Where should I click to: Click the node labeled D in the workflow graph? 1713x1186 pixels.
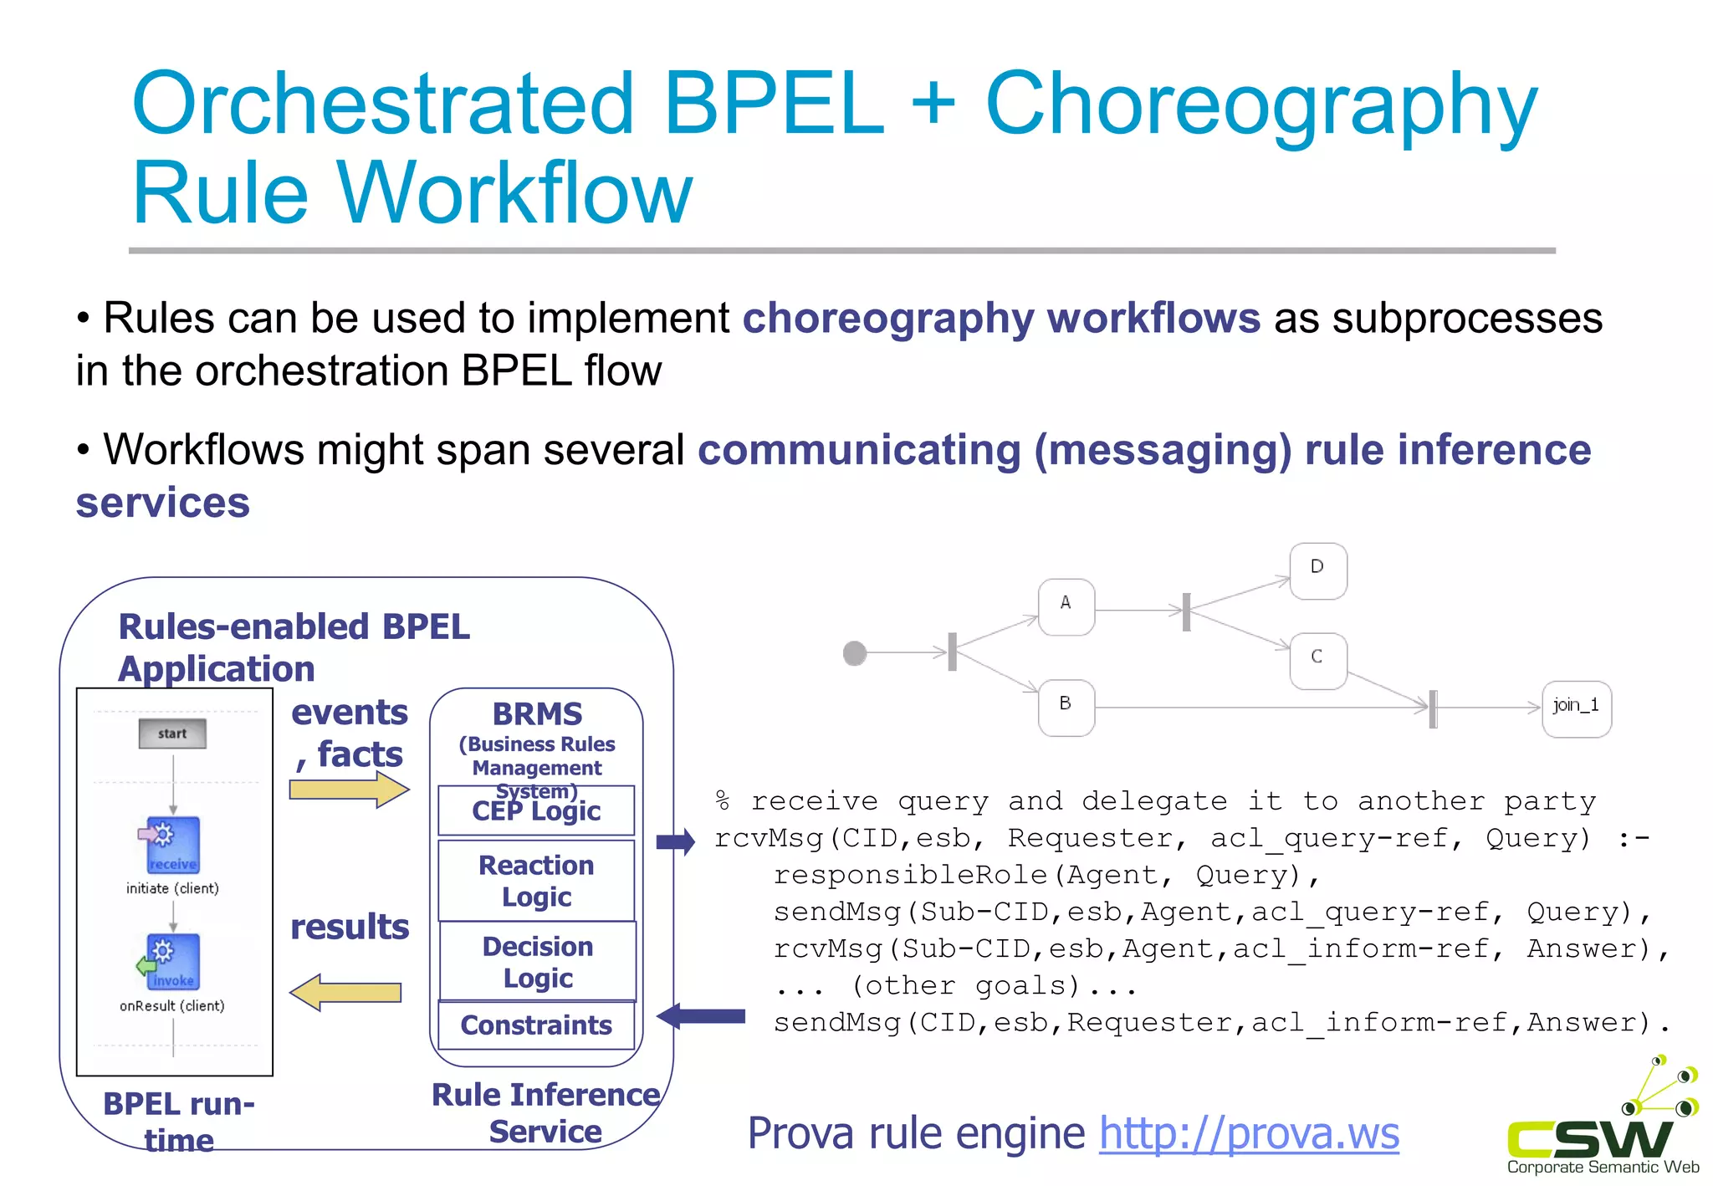pos(1317,570)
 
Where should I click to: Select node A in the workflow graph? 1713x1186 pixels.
pos(1066,606)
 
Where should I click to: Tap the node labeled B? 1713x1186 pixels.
pos(1066,707)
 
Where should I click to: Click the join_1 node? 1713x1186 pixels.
pos(1576,708)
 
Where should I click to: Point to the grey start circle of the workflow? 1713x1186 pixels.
pos(854,652)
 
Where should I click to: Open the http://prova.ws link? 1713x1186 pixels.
pos(1248,1134)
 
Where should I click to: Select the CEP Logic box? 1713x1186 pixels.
pos(536,810)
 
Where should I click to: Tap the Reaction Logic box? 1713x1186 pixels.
pos(536,880)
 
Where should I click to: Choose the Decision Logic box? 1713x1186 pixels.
pos(537,961)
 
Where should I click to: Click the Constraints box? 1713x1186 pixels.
pos(536,1025)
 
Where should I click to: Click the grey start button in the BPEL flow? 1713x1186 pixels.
pos(172,734)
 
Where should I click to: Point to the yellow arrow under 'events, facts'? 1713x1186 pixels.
pos(349,789)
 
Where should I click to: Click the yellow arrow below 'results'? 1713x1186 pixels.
pos(345,993)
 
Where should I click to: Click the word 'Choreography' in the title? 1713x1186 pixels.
pos(1260,104)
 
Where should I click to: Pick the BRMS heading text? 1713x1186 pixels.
pos(537,714)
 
